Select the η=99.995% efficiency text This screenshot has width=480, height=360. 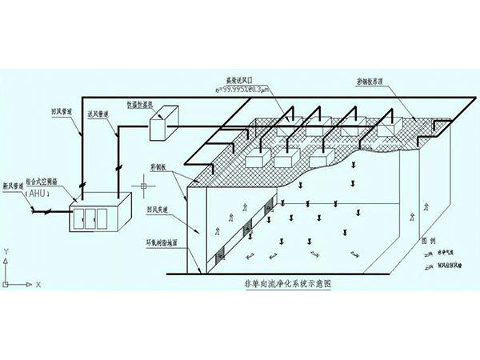coord(244,90)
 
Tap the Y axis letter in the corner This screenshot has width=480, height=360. coord(6,251)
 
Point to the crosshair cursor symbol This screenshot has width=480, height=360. coord(143,188)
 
